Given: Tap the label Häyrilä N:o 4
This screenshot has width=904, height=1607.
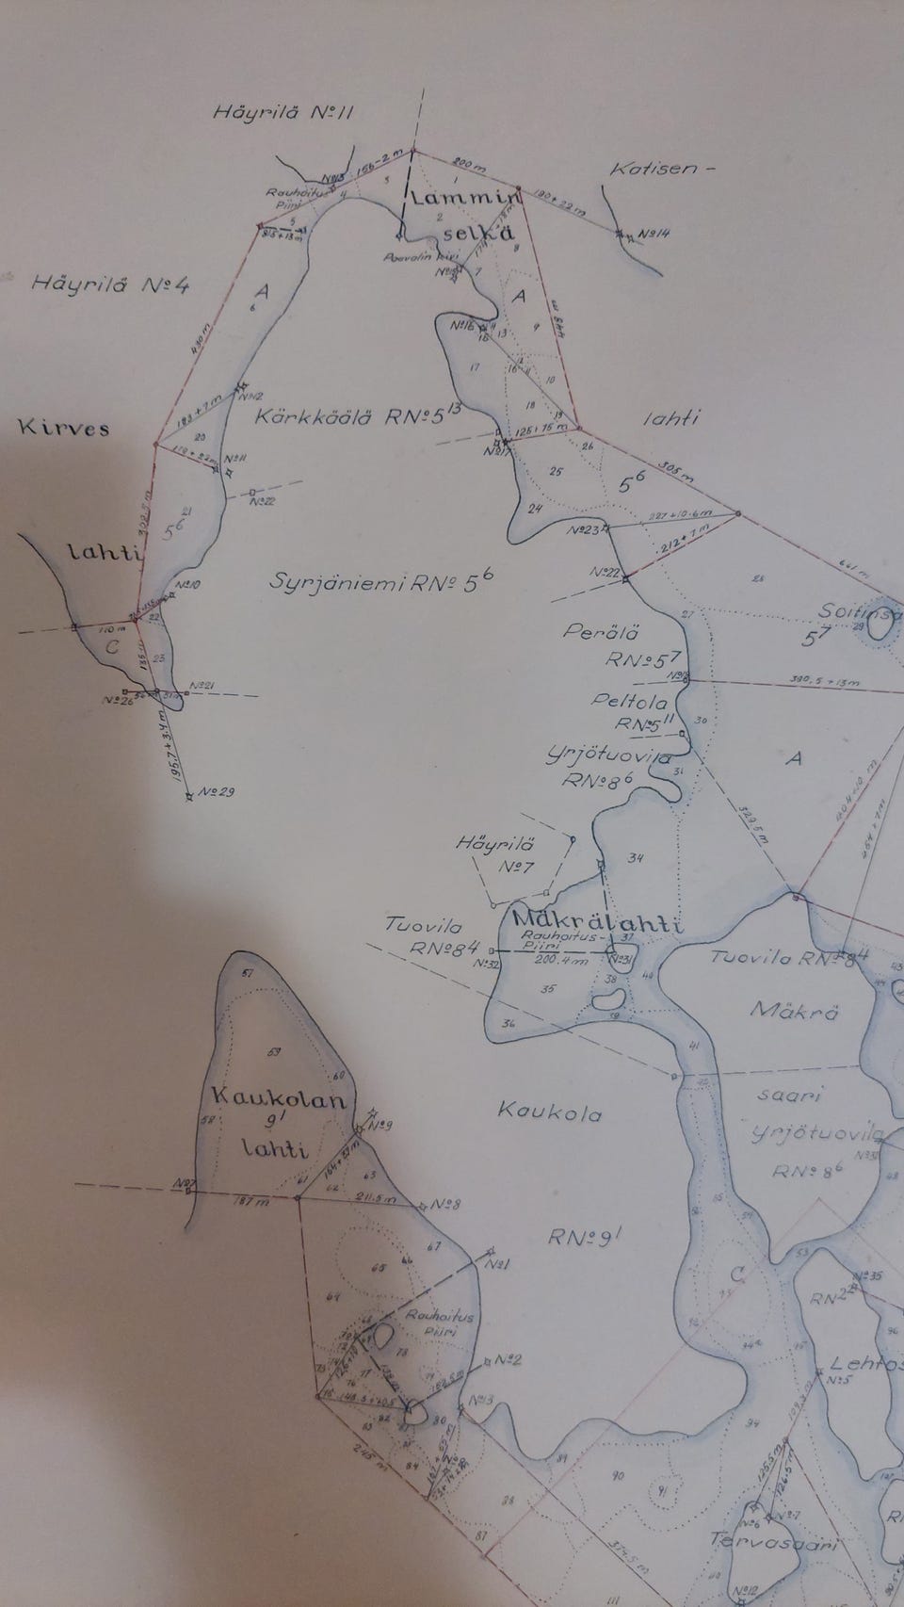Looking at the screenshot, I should (x=109, y=283).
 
